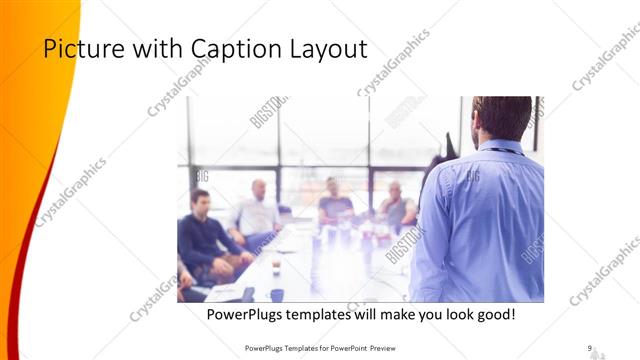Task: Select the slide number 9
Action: (x=590, y=347)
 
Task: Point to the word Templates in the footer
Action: (x=298, y=347)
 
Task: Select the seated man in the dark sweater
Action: (x=204, y=230)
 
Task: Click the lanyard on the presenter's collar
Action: (x=505, y=151)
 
